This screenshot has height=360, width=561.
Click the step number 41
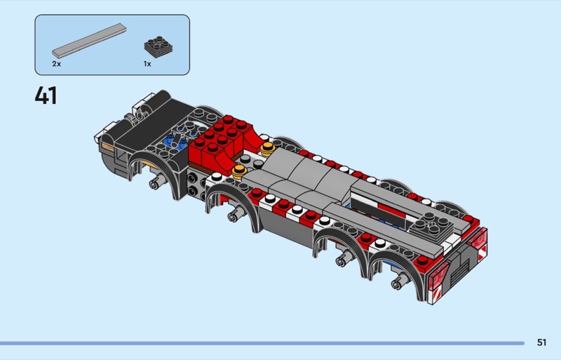[x=46, y=95]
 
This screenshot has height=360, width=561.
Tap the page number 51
[x=541, y=342]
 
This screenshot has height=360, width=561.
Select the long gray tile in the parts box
[x=89, y=41]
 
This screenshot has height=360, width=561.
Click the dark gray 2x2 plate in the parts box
[x=158, y=46]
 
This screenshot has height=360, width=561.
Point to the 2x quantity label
[x=57, y=64]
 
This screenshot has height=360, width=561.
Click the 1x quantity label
[x=147, y=64]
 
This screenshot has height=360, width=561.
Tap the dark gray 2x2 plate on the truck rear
[x=432, y=224]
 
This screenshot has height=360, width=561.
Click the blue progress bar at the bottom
[x=262, y=343]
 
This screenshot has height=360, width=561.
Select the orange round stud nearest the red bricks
[x=268, y=148]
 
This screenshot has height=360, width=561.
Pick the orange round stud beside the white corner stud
[x=239, y=171]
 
